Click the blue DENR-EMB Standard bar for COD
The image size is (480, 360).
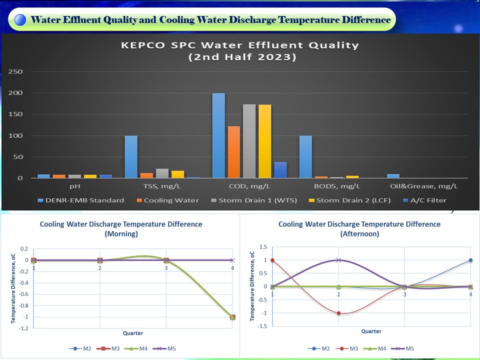(x=218, y=135)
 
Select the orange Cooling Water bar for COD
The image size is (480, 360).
(x=234, y=152)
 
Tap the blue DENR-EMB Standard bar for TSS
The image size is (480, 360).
(x=131, y=156)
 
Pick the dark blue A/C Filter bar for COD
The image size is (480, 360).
(x=280, y=170)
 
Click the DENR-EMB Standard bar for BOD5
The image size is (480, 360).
(x=306, y=156)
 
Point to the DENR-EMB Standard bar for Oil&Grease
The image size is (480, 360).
(x=393, y=176)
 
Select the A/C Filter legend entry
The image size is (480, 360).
(x=425, y=200)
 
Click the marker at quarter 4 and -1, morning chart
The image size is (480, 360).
(x=232, y=317)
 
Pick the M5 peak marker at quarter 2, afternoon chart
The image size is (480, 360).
(x=338, y=260)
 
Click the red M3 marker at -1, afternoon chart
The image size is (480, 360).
(x=338, y=313)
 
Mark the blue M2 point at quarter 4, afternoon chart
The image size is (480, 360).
(x=470, y=260)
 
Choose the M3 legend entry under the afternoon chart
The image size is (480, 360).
(x=352, y=348)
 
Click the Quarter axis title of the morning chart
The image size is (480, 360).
(x=133, y=333)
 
